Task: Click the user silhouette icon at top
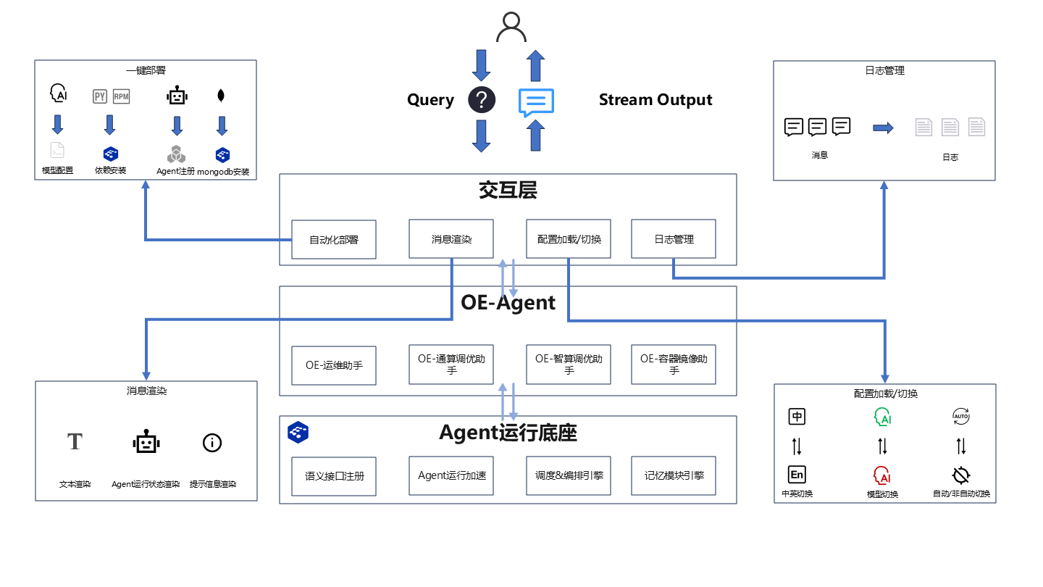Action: (511, 28)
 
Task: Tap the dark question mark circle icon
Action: (482, 100)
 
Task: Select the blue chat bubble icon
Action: (536, 102)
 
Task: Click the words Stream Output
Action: (655, 100)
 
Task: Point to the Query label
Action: (430, 100)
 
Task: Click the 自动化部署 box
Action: (334, 239)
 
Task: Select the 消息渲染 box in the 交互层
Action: (451, 239)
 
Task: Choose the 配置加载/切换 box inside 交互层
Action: (569, 239)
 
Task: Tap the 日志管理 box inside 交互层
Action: (674, 239)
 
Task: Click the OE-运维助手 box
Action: (334, 365)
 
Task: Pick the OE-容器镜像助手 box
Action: (674, 365)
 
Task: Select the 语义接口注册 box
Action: (334, 476)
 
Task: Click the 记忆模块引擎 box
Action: (674, 476)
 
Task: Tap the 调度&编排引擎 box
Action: (569, 476)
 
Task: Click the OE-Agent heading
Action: (508, 302)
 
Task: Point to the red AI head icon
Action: (882, 475)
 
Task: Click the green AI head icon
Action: (882, 417)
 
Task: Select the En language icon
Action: (797, 475)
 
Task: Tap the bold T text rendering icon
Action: (75, 441)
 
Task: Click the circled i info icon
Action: (212, 443)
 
